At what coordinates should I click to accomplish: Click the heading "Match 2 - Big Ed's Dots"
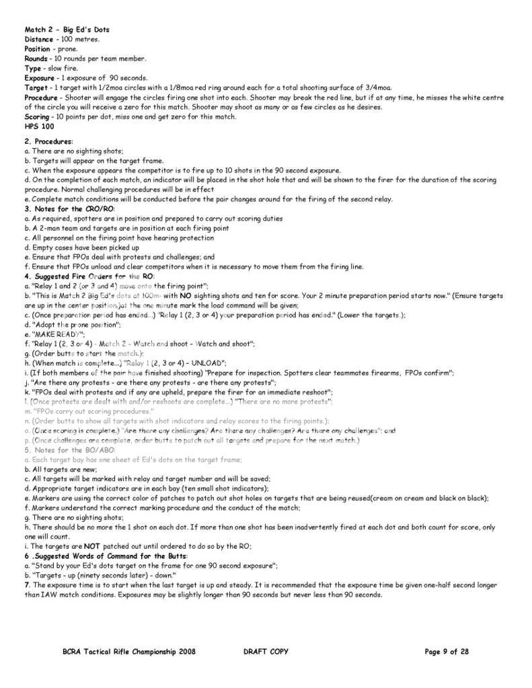click(67, 30)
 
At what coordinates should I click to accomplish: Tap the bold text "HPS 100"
click(39, 126)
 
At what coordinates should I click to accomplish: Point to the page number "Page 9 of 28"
click(447, 651)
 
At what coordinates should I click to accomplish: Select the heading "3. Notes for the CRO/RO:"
click(69, 208)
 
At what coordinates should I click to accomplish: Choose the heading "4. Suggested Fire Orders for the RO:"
click(89, 276)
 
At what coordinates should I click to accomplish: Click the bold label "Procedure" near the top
click(42, 97)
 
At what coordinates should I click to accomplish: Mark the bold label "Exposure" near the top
click(40, 78)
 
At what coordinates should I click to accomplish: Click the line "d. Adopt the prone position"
click(72, 324)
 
